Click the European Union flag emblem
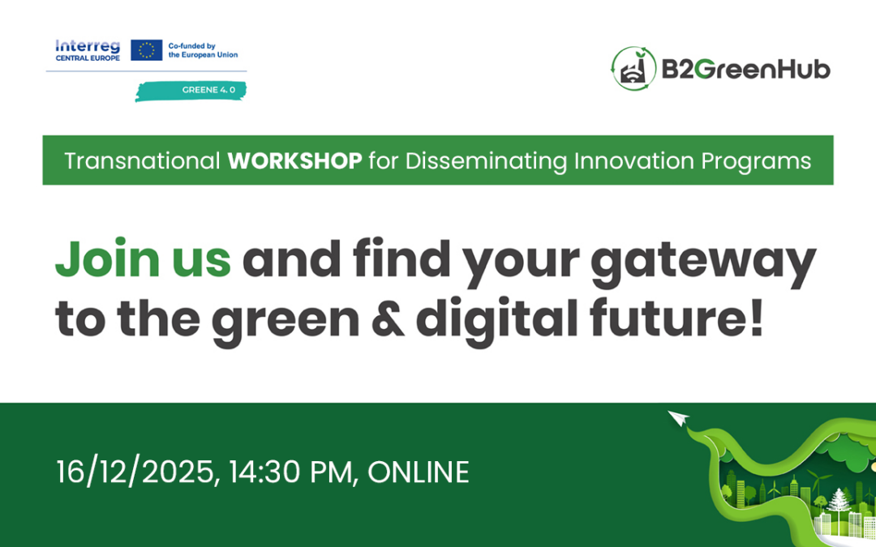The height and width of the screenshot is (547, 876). (x=147, y=50)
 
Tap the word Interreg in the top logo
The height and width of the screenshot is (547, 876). (x=87, y=45)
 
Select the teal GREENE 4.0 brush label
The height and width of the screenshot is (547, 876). (x=191, y=90)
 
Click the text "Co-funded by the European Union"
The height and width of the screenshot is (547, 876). (x=202, y=50)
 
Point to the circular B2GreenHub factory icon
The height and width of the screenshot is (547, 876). (x=633, y=69)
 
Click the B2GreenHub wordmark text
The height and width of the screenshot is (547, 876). (x=745, y=70)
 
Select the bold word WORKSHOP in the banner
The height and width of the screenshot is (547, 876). (x=294, y=161)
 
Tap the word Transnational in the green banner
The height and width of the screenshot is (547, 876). (x=142, y=161)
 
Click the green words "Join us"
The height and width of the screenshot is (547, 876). (x=143, y=259)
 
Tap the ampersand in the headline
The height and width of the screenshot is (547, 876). (x=387, y=320)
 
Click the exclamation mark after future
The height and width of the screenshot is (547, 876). (x=755, y=318)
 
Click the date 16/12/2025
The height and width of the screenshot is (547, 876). (x=137, y=472)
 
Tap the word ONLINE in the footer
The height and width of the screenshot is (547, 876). (x=419, y=472)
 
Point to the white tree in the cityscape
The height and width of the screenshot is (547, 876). (x=836, y=500)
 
